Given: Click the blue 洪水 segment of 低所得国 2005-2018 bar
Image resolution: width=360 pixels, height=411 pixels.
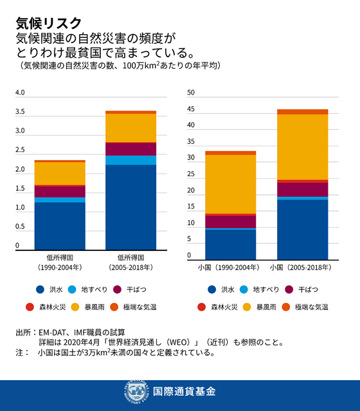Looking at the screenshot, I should [x=130, y=206].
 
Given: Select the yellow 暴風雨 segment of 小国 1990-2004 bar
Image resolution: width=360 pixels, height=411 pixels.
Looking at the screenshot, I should [x=230, y=183].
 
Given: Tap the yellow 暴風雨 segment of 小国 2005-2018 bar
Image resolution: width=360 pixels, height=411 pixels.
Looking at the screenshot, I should [x=302, y=147].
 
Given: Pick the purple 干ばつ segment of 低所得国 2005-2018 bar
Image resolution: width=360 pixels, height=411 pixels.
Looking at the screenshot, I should [x=130, y=149].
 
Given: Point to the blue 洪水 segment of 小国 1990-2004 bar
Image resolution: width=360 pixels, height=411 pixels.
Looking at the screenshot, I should [x=230, y=243].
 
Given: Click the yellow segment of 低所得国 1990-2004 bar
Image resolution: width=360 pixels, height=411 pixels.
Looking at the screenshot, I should [x=60, y=173].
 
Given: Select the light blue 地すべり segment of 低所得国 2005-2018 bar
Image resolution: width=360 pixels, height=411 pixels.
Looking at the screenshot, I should [x=130, y=160].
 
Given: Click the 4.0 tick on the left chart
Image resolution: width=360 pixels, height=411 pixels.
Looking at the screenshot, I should [x=19, y=93].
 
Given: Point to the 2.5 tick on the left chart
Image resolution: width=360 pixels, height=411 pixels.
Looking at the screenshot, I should [x=19, y=151].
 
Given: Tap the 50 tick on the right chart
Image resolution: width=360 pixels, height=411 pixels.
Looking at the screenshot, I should [x=190, y=93].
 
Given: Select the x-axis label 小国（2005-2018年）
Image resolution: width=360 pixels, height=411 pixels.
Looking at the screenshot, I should [x=301, y=266].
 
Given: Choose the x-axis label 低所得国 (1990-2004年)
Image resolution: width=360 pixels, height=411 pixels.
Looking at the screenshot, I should [x=60, y=262].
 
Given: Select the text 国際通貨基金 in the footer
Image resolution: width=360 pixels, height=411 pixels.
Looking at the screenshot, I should [x=184, y=392].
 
